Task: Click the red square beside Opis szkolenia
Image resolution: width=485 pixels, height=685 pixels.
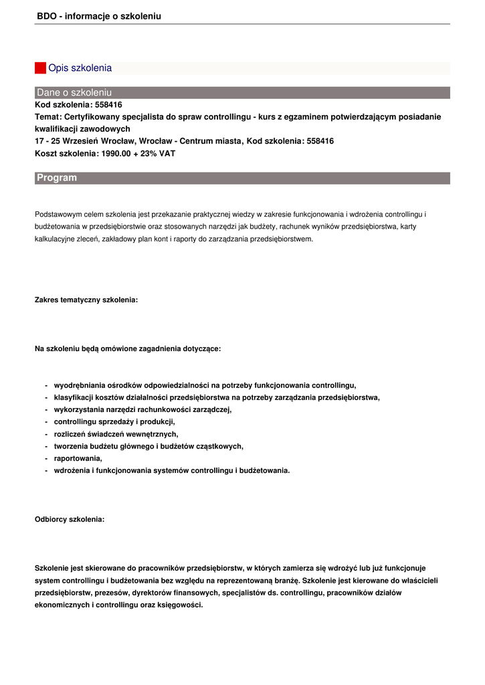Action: point(40,68)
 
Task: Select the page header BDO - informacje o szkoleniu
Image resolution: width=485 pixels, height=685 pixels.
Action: point(99,16)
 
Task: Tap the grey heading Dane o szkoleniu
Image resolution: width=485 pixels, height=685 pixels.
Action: point(74,92)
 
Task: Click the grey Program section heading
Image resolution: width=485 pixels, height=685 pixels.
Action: point(57,178)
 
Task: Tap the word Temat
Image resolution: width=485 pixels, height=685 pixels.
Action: point(47,116)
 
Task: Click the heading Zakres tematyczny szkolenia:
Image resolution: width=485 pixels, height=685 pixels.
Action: point(86,300)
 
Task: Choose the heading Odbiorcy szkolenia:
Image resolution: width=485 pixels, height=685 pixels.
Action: point(70,519)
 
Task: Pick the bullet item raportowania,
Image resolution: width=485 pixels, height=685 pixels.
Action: point(78,458)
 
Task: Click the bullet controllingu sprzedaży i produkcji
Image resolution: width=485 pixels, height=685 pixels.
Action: point(114,421)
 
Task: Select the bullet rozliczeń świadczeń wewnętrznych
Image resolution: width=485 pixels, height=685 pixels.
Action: point(116,434)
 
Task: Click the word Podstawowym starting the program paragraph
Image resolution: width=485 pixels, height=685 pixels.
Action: point(58,214)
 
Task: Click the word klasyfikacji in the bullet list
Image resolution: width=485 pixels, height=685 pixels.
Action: point(75,397)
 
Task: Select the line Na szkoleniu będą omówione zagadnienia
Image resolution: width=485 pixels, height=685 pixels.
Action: point(128,349)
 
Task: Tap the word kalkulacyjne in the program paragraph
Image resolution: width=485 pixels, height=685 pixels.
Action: point(55,239)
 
